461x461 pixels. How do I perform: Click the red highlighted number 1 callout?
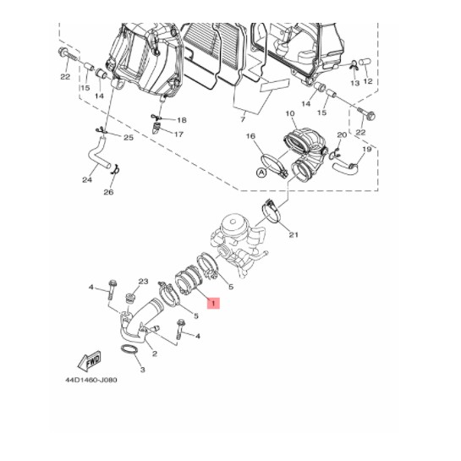(213, 303)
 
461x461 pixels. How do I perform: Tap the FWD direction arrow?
(90, 360)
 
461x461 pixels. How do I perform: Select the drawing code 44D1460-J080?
(91, 380)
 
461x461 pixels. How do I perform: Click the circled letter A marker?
(261, 173)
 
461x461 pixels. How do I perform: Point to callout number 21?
(294, 234)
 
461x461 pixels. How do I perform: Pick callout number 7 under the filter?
(243, 119)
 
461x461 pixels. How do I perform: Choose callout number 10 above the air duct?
(290, 113)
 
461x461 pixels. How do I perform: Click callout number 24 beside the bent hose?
(87, 179)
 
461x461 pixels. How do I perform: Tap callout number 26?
(108, 192)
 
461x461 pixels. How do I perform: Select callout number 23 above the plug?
(143, 282)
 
